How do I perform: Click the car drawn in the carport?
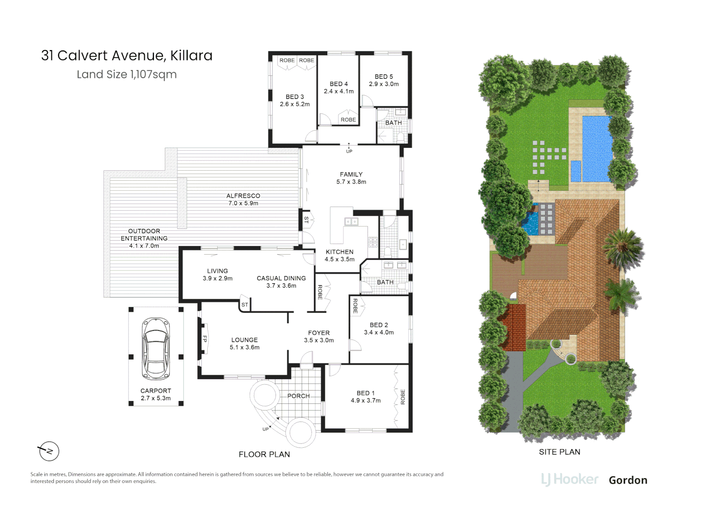click(156, 348)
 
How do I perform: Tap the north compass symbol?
click(49, 451)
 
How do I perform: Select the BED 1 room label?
click(365, 393)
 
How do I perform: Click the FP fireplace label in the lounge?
click(205, 339)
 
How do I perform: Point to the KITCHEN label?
click(339, 252)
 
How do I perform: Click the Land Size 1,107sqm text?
click(127, 74)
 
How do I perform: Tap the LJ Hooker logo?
click(569, 480)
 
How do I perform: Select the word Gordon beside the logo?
click(627, 480)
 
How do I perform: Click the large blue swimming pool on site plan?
click(597, 148)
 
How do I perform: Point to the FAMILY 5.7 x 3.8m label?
click(351, 178)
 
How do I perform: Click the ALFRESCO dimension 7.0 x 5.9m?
click(243, 203)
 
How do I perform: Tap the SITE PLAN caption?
click(559, 452)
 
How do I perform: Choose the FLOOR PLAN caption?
click(264, 454)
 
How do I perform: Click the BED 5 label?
click(384, 77)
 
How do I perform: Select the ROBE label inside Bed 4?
click(348, 120)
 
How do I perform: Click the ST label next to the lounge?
click(244, 305)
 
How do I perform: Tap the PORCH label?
click(298, 396)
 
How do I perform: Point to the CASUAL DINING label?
click(281, 278)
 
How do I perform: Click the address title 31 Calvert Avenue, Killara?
click(127, 56)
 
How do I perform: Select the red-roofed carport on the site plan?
click(514, 327)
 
